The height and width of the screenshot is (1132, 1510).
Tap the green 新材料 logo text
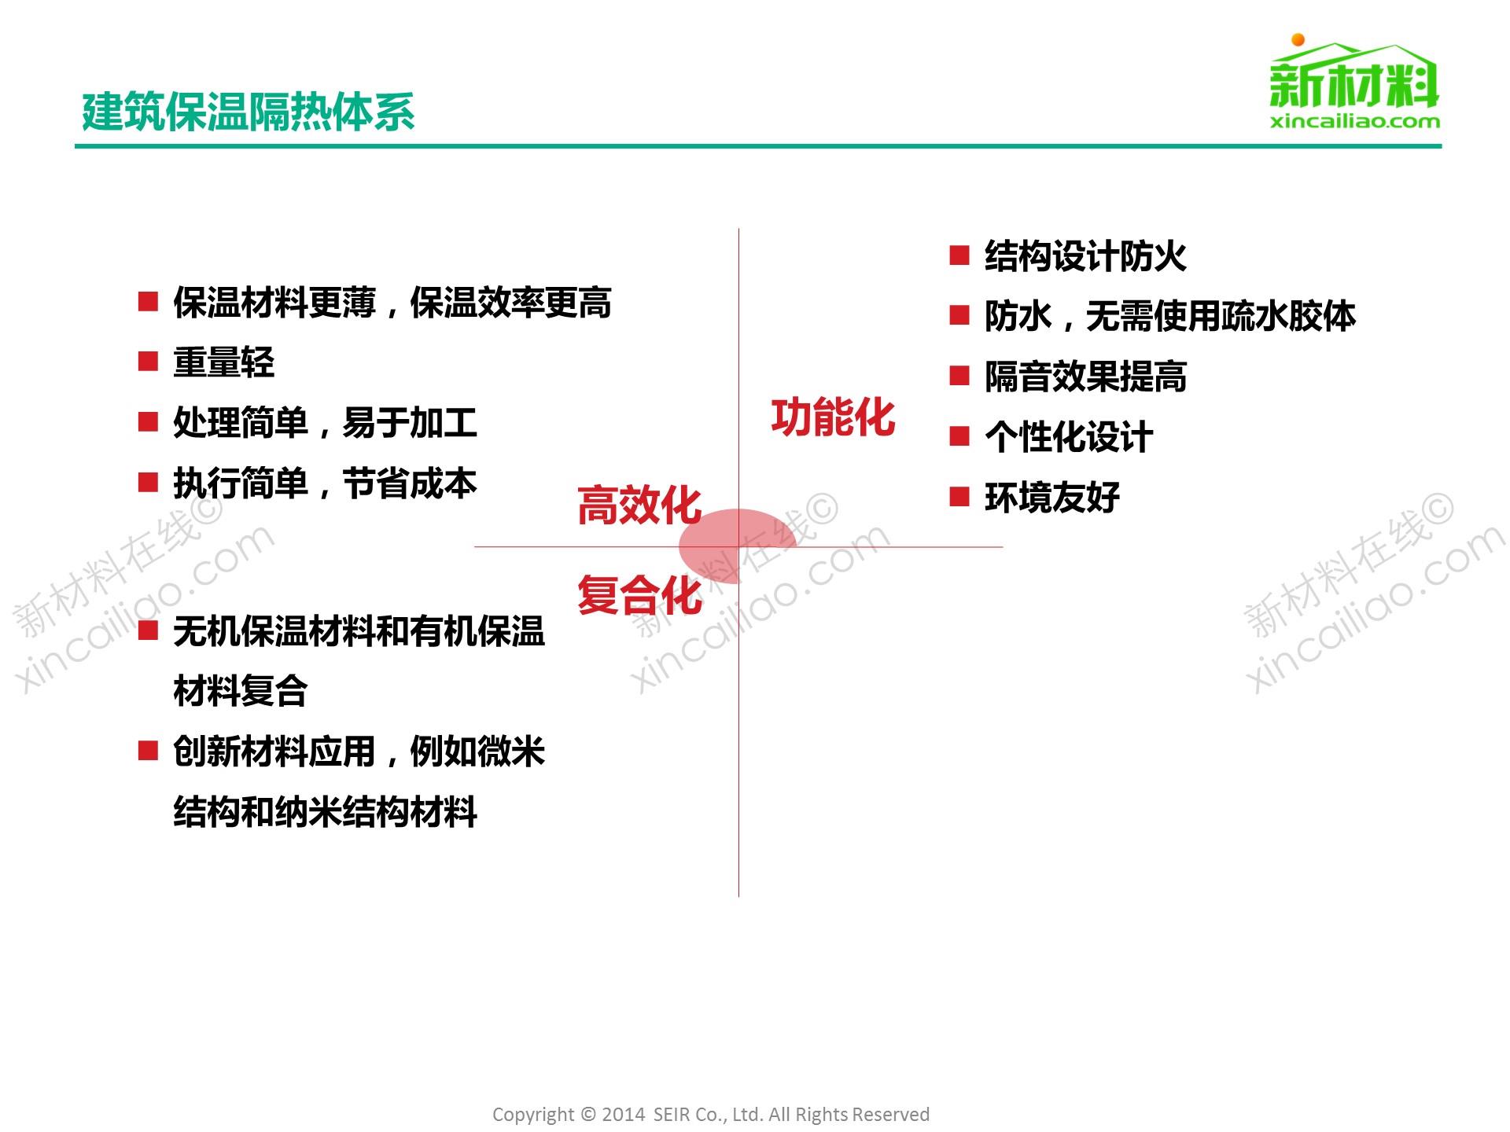[1353, 85]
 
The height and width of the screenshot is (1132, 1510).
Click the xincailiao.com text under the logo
[1355, 122]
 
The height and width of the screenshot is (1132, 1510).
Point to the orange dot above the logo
[1298, 40]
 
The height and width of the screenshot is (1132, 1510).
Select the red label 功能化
[834, 417]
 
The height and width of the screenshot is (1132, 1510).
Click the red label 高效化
[639, 505]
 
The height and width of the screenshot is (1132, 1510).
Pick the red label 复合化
[639, 595]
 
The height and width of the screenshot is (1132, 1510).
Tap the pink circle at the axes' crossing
[738, 546]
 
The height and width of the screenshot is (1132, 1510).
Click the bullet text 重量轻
[224, 362]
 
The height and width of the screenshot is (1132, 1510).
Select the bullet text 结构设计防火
[1085, 256]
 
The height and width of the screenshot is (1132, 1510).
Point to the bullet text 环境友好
[1052, 498]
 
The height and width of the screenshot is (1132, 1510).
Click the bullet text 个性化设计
[1069, 437]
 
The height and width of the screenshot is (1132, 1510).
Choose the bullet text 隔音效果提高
[1085, 377]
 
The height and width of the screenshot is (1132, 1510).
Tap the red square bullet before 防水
[959, 315]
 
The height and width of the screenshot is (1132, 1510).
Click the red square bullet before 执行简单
[148, 482]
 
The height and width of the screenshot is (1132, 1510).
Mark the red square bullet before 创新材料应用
[148, 751]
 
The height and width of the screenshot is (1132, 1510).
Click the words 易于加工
[410, 423]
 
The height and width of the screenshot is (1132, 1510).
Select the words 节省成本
[410, 483]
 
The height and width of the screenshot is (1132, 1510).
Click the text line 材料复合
[241, 692]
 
